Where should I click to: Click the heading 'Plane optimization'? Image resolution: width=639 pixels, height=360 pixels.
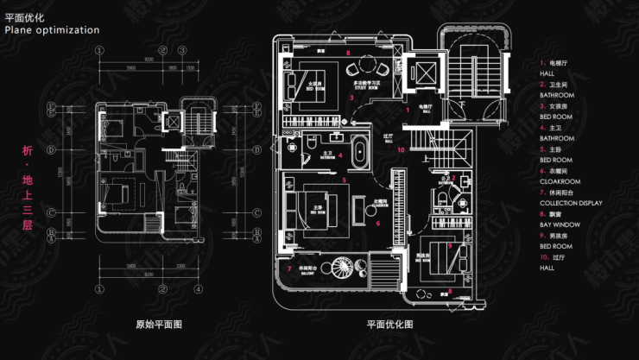pyautogui.click(x=52, y=30)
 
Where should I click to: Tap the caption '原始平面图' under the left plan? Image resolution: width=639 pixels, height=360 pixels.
pyautogui.click(x=159, y=325)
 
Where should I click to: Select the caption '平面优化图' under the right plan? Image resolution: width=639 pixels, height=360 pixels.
pyautogui.click(x=389, y=325)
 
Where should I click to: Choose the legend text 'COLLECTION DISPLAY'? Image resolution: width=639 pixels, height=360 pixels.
pyautogui.click(x=571, y=203)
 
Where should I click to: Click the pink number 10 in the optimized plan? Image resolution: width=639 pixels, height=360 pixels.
pyautogui.click(x=401, y=150)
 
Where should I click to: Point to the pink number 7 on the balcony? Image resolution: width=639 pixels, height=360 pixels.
pyautogui.click(x=288, y=268)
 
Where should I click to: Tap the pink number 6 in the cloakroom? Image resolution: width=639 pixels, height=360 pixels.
pyautogui.click(x=377, y=223)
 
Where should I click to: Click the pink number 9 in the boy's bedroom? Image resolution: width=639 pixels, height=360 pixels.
pyautogui.click(x=449, y=246)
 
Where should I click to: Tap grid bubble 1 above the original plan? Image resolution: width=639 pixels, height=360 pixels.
pyautogui.click(x=100, y=49)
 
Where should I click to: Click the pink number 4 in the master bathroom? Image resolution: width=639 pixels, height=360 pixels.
pyautogui.click(x=340, y=155)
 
